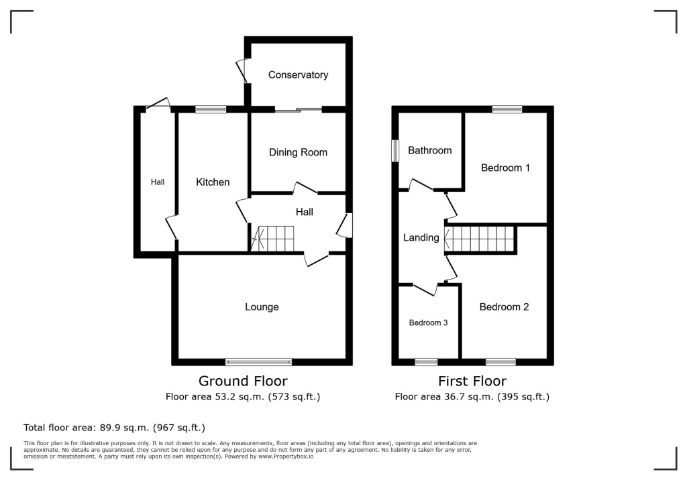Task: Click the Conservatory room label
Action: (298, 75)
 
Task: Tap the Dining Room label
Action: (298, 152)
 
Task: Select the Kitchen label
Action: (213, 182)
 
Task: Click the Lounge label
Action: (262, 307)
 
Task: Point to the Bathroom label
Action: (430, 150)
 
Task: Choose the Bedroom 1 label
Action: (506, 168)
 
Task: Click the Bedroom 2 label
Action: (504, 307)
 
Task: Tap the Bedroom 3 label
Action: (429, 322)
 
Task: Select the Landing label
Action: (421, 237)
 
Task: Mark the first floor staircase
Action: (479, 239)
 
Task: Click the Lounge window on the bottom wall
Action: (259, 362)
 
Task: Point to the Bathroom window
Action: (396, 149)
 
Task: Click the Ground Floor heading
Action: (243, 381)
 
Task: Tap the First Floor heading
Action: (472, 381)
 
